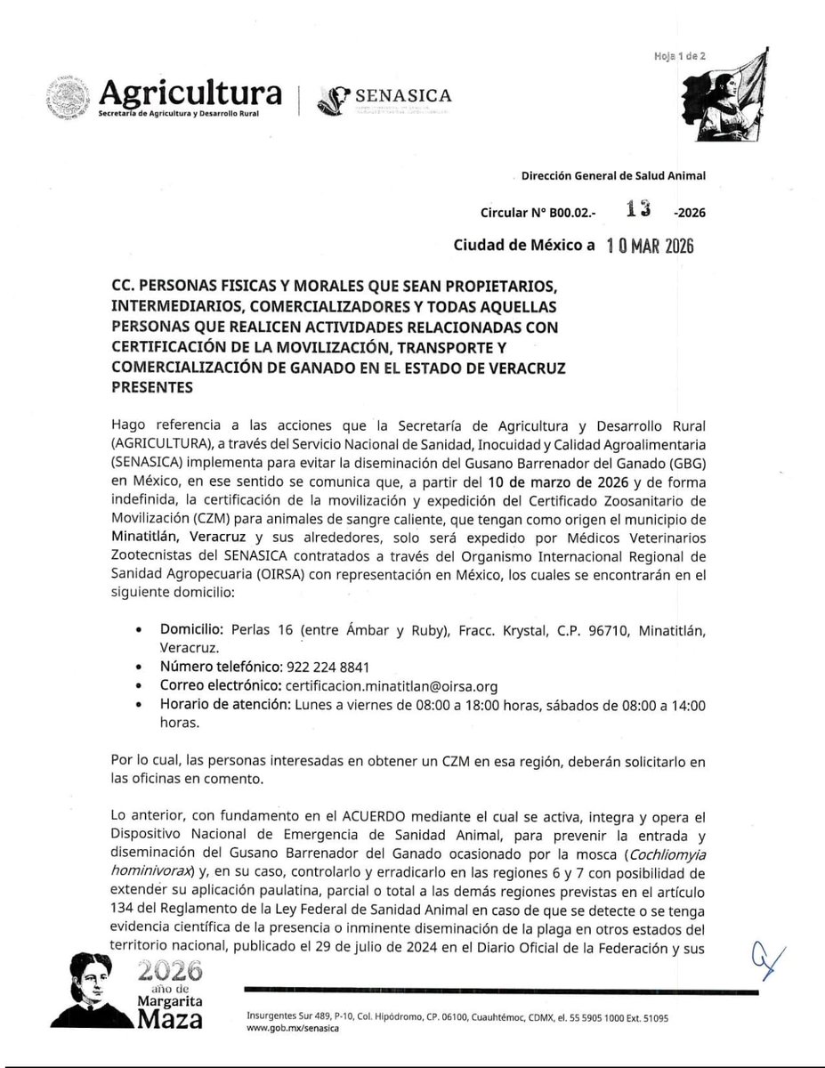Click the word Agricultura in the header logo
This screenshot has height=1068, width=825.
point(191,93)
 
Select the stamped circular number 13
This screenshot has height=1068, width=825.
point(640,209)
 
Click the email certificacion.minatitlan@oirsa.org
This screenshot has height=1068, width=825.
point(390,686)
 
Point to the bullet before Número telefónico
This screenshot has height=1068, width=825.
point(138,668)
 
